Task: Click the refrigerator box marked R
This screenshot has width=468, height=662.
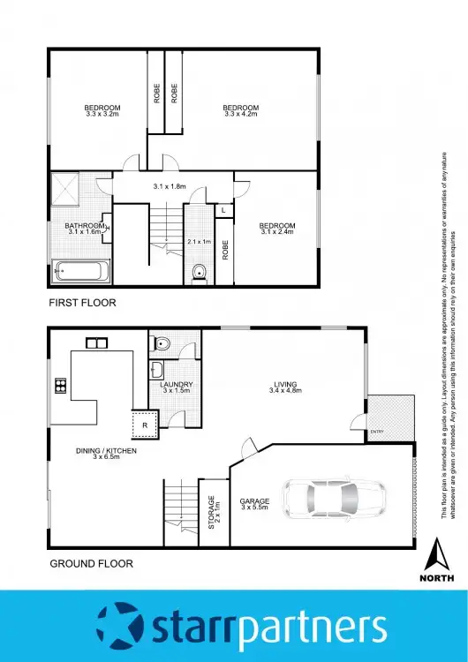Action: click(144, 425)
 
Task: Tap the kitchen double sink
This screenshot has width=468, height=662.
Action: click(95, 342)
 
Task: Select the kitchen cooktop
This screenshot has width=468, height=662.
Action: click(61, 384)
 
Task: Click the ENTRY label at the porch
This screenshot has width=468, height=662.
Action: click(378, 432)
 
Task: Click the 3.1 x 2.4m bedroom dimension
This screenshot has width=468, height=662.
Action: click(276, 233)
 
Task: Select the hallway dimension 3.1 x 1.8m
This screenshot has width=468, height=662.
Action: click(169, 186)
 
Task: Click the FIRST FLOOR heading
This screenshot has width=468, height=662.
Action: click(82, 303)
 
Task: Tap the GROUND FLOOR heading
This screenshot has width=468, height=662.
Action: click(90, 562)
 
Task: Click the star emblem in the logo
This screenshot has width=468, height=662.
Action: click(117, 626)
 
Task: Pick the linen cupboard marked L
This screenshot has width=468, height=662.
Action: click(224, 210)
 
